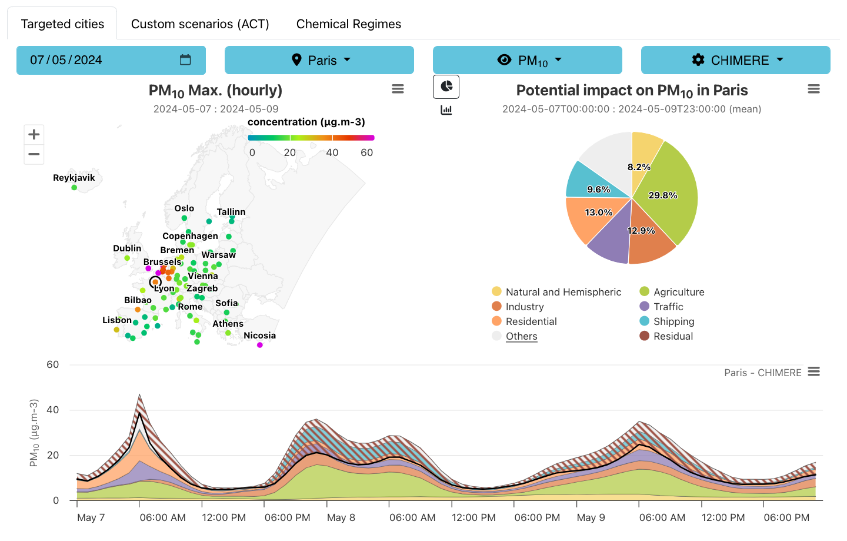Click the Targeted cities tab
[x=62, y=24]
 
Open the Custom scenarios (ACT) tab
[x=200, y=24]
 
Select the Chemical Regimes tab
[x=348, y=24]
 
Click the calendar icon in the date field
[x=185, y=60]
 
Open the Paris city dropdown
[x=319, y=60]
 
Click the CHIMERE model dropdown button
[x=735, y=60]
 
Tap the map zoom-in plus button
[x=34, y=134]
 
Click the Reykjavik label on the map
[x=74, y=178]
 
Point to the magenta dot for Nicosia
[x=260, y=345]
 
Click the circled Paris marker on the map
[x=155, y=282]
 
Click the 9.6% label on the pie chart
[x=598, y=190]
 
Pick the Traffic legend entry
[x=668, y=307]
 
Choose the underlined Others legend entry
[x=521, y=336]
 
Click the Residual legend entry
[x=673, y=336]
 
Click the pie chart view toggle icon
[x=446, y=87]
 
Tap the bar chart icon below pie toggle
[x=446, y=110]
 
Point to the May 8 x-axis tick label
[x=341, y=517]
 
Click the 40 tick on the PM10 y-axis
[x=53, y=410]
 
